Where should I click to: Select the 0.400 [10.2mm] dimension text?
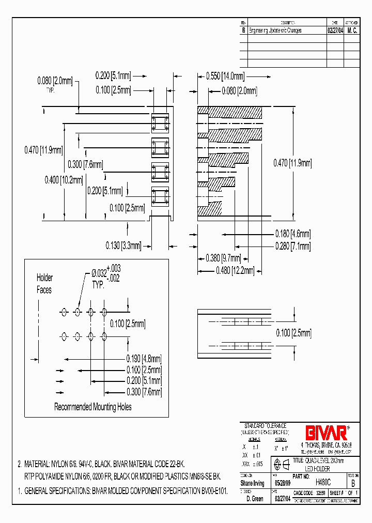[x=64, y=180]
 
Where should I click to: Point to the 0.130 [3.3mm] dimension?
[x=122, y=246]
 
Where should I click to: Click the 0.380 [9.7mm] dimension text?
[x=223, y=258]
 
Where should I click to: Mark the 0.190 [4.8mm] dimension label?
[x=144, y=358]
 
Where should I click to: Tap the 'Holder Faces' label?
[x=44, y=284]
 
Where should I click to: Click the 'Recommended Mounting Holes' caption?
[x=93, y=407]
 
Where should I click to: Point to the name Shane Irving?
[x=253, y=483]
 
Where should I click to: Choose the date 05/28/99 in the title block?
[x=280, y=483]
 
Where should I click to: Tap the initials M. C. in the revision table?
[x=352, y=30]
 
